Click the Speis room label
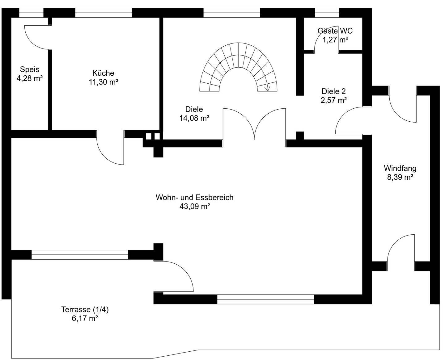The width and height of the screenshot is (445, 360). point(30,69)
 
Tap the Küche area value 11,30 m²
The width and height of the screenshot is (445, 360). point(103,82)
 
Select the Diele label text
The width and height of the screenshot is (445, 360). point(194,109)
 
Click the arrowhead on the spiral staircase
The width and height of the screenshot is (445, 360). point(268,89)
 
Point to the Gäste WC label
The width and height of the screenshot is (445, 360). point(335,31)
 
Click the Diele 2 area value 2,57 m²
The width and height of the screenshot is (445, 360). point(334,100)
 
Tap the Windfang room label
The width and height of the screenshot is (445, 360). point(400,168)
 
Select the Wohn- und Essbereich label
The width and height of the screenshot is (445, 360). point(194,198)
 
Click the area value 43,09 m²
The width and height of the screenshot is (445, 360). point(195,207)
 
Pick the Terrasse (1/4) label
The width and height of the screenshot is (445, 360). point(85,309)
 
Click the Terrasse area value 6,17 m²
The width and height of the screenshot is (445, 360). point(85,318)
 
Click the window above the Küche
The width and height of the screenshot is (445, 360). point(103,13)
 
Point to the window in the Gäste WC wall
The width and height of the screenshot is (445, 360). point(327,13)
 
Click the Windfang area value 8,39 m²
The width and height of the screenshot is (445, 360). point(400,177)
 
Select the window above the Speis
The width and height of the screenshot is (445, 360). point(31,13)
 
